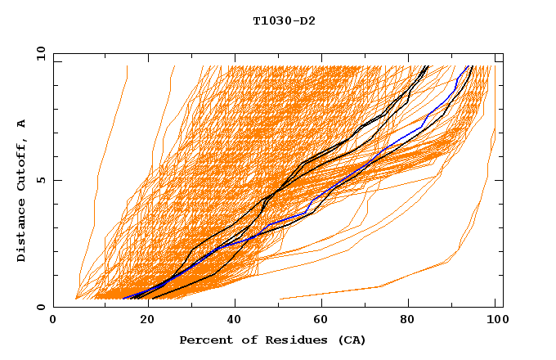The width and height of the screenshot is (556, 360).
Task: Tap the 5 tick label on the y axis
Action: coord(40,180)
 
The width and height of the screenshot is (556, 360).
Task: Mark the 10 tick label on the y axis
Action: coord(38,52)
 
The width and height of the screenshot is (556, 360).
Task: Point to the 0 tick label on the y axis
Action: coord(40,308)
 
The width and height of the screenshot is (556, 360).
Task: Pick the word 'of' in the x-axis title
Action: coord(238,340)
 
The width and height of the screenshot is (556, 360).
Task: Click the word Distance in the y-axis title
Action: coord(22,232)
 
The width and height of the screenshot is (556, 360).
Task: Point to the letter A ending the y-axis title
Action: coord(22,124)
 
